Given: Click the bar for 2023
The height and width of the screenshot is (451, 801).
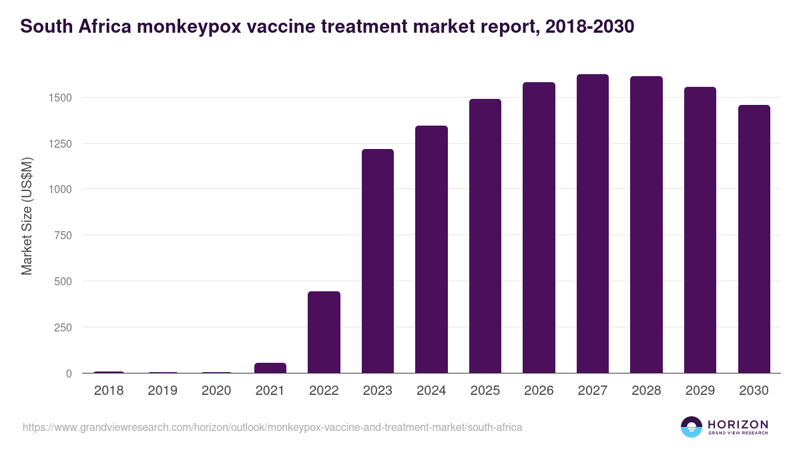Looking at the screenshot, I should coord(378,261).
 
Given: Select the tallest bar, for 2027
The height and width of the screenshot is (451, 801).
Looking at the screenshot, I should coord(593,224).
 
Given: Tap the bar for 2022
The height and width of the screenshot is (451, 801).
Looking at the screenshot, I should coord(324,332).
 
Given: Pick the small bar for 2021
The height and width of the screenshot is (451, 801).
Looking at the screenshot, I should coord(270,368).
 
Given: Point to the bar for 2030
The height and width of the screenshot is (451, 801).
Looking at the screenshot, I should coord(754,239).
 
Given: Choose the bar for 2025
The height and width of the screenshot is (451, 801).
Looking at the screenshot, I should coord(485,236).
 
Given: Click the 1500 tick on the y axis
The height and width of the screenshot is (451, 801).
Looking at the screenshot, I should coord(59,98).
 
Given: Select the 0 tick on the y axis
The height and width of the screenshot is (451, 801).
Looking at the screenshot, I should coord(69,373).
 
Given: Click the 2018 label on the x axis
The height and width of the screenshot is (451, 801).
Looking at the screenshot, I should coord(109,391).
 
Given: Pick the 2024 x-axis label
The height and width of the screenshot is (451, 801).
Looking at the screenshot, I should coord(431,391).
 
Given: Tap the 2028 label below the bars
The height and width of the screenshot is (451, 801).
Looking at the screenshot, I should coord(646,391).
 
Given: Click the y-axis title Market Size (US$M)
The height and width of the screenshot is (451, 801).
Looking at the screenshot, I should coord(27,216).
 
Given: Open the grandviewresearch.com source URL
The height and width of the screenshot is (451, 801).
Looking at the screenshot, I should coord(272,426).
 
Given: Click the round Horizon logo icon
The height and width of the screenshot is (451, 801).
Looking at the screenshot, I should coord(692,427).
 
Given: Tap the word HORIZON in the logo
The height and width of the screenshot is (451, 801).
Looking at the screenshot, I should coord(738,424).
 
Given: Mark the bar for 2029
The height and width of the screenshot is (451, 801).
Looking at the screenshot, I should coord(700,230).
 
